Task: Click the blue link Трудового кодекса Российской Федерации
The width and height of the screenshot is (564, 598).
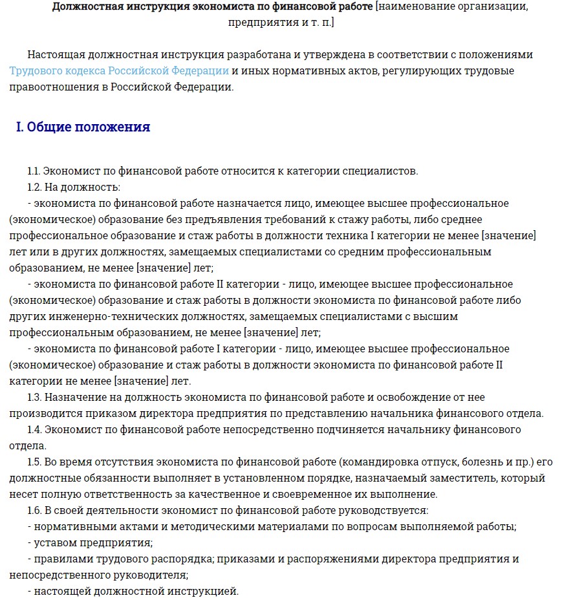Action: (119, 71)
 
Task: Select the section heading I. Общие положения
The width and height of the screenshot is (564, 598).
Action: (83, 127)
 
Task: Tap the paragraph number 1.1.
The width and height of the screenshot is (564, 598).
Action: (34, 171)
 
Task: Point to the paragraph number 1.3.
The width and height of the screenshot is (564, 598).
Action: (35, 398)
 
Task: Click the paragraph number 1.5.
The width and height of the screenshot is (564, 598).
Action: (35, 462)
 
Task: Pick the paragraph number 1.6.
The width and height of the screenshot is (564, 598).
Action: (35, 511)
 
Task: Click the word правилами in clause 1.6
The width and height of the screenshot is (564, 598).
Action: (59, 559)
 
